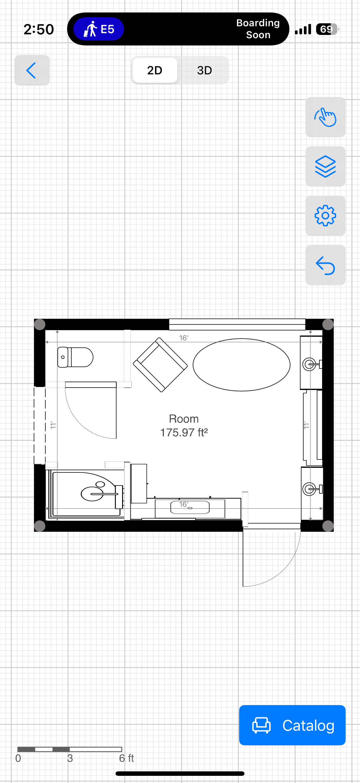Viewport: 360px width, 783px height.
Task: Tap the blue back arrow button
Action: [32, 70]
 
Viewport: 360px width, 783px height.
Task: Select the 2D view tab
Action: [155, 70]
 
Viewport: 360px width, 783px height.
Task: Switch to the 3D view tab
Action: [204, 70]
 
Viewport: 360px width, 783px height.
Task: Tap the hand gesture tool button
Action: [325, 117]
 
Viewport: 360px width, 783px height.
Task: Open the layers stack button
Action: [325, 166]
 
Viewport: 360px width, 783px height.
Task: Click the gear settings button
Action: [325, 216]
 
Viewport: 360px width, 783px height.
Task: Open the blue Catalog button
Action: [292, 725]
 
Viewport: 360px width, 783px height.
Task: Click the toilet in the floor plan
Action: [75, 357]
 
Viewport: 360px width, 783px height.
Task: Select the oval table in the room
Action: [241, 365]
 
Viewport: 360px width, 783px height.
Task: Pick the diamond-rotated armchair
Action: [160, 365]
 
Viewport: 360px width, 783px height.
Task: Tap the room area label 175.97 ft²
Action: [184, 432]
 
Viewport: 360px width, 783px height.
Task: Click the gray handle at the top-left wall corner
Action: [40, 324]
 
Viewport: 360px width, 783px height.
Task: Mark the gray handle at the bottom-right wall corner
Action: [328, 526]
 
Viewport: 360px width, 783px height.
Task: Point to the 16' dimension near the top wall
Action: [184, 338]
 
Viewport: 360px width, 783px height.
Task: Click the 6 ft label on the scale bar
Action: [126, 758]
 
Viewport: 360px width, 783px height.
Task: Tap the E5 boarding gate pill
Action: [99, 29]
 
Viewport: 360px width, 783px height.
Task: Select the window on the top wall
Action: [237, 324]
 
